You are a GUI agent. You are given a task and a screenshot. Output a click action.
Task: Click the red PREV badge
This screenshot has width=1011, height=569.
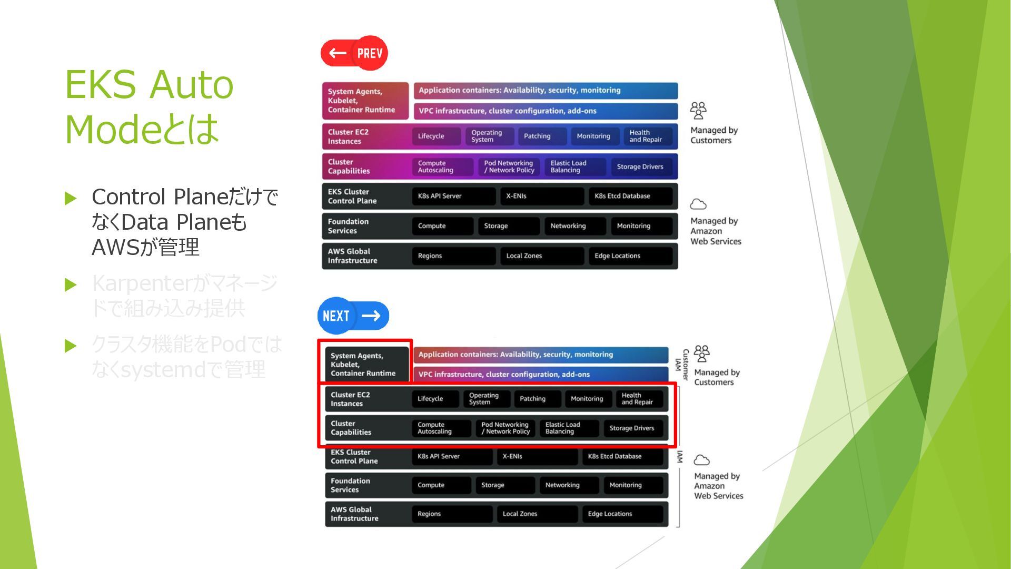pyautogui.click(x=354, y=53)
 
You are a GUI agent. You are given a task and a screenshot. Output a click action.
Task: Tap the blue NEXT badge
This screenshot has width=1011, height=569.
pyautogui.click(x=353, y=316)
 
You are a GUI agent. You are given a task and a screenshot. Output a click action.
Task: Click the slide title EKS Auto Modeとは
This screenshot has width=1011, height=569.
pyautogui.click(x=150, y=106)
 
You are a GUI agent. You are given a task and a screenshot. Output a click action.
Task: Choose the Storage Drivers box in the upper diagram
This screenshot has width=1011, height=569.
pyautogui.click(x=641, y=166)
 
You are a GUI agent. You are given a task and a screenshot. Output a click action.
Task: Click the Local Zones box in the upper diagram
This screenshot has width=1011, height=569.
pyautogui.click(x=541, y=256)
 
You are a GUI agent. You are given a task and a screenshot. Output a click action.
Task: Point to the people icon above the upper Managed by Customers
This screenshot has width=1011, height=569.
pyautogui.click(x=698, y=111)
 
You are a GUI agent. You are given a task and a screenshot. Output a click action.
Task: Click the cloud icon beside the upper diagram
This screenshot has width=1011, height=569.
pyautogui.click(x=698, y=204)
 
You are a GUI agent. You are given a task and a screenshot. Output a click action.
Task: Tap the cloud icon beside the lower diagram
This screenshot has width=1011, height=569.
pyautogui.click(x=701, y=460)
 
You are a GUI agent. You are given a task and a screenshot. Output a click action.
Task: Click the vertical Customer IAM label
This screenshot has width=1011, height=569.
pyautogui.click(x=682, y=364)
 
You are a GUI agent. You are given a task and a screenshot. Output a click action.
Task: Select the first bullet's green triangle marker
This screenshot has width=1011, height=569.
pyautogui.click(x=71, y=198)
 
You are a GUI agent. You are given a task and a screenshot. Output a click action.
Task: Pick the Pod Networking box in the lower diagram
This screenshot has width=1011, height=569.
pyautogui.click(x=505, y=428)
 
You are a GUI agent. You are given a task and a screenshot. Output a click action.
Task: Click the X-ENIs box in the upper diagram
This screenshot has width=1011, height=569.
pyautogui.click(x=541, y=196)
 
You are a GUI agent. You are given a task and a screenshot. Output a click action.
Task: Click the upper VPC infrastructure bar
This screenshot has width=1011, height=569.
pyautogui.click(x=546, y=111)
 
